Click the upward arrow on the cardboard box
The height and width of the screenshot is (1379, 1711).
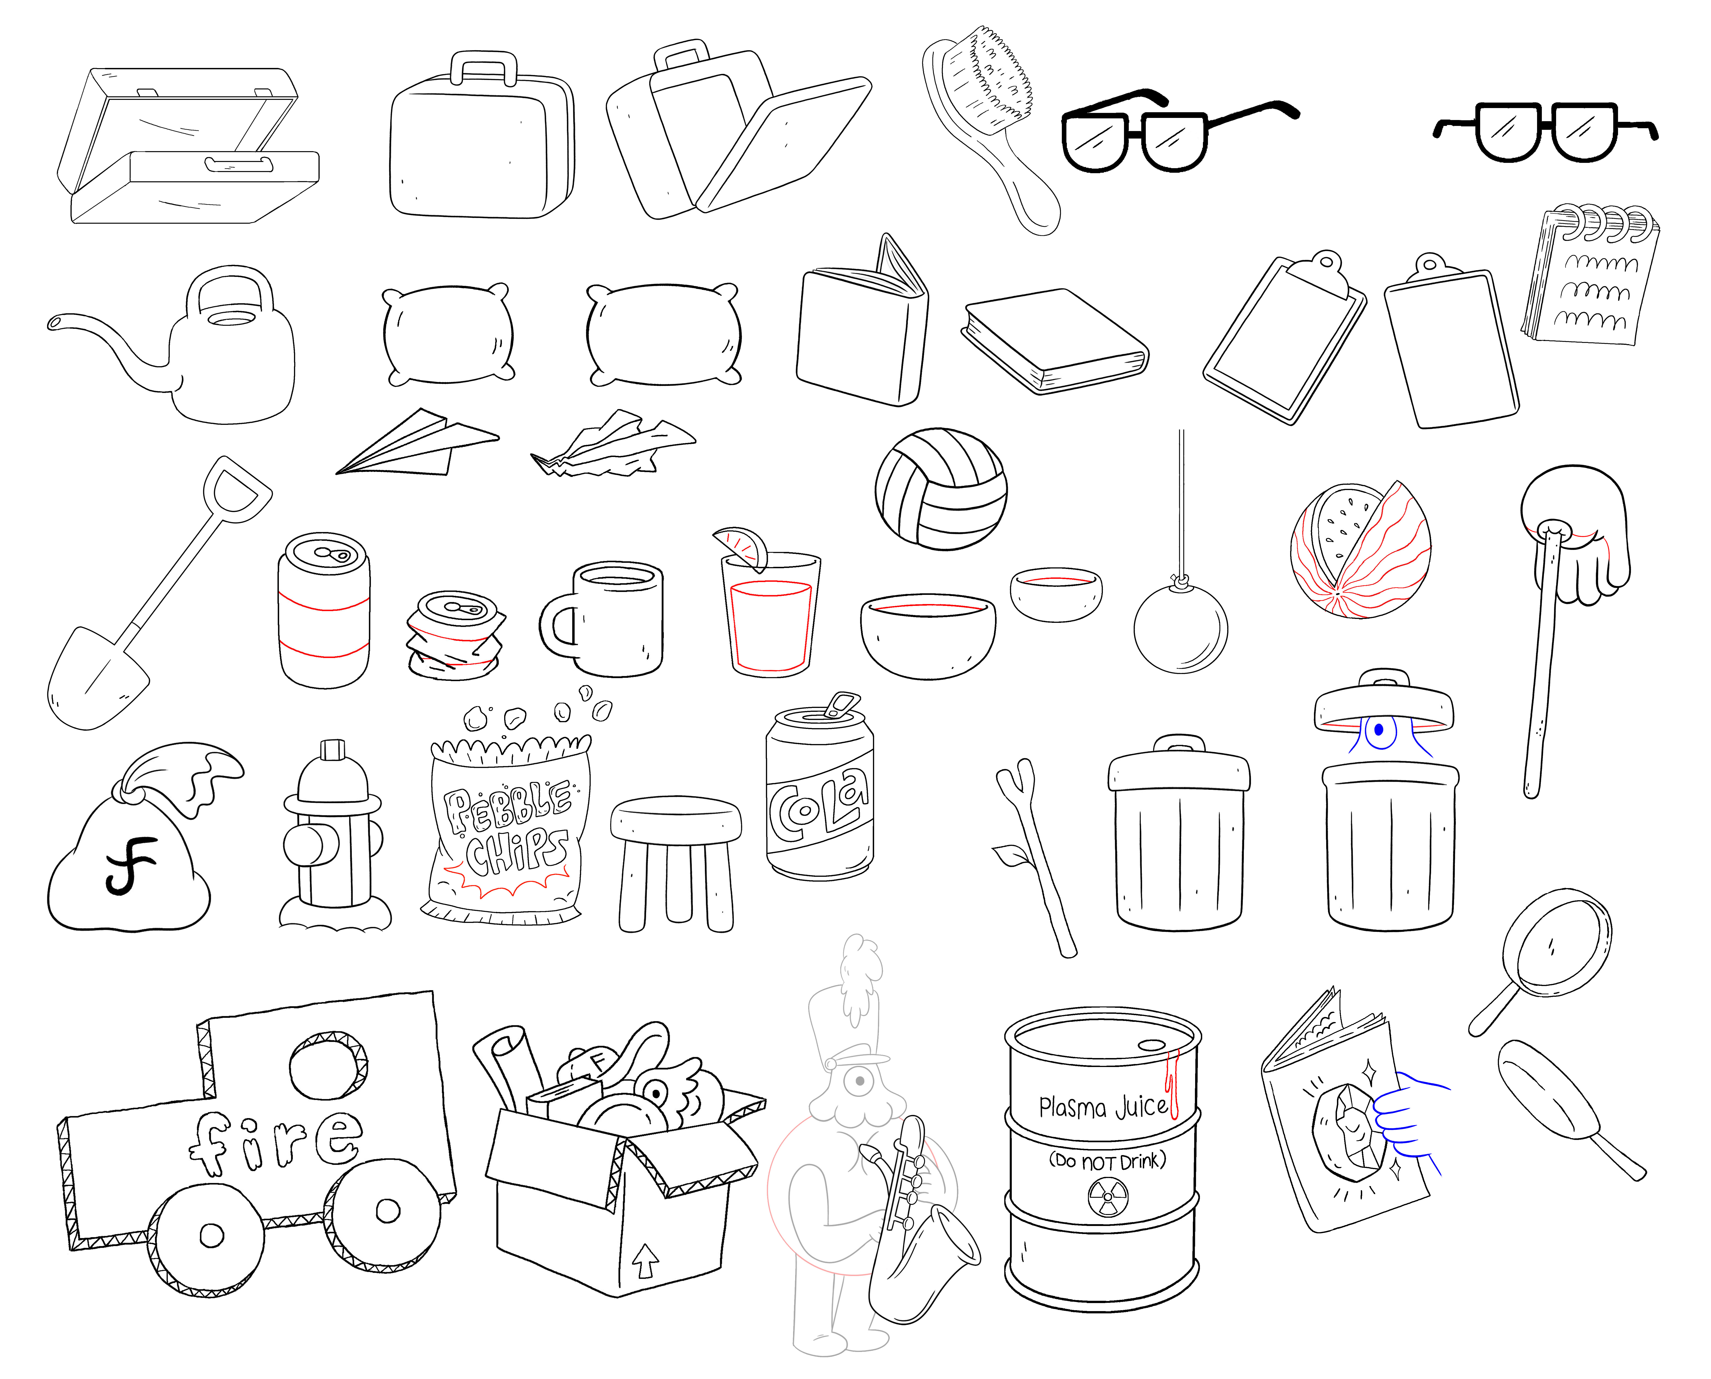pyautogui.click(x=645, y=1259)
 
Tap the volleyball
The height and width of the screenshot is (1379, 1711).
pyautogui.click(x=941, y=488)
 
